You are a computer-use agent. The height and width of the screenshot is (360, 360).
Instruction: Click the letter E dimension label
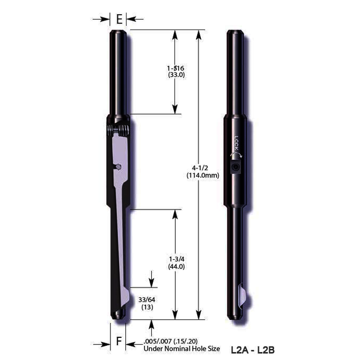[119, 19]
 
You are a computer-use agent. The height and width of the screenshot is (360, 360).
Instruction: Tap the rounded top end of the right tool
[237, 32]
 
